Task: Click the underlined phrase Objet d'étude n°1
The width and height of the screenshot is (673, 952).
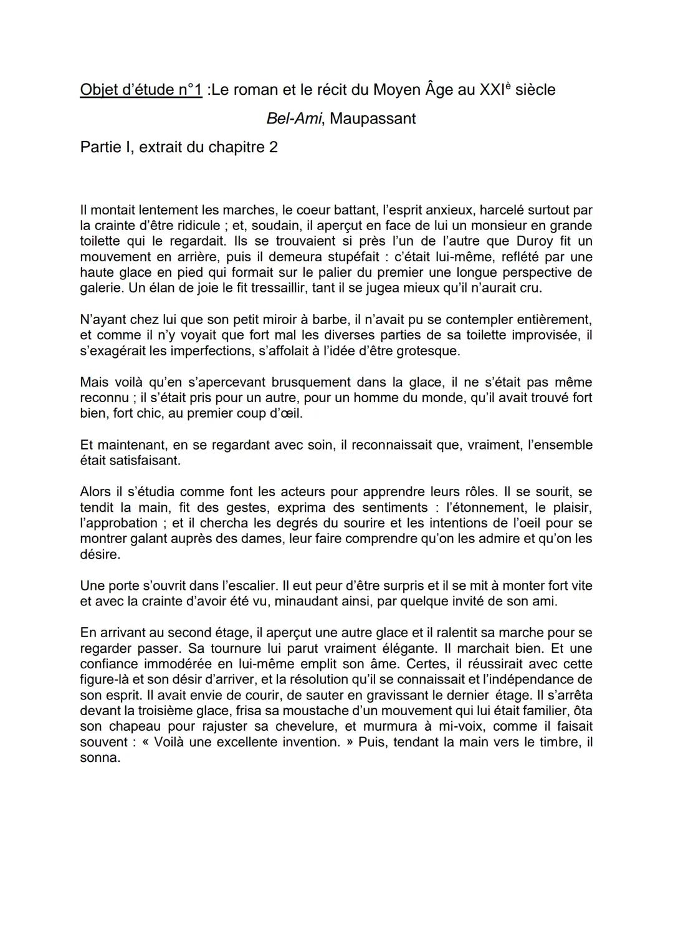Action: point(141,90)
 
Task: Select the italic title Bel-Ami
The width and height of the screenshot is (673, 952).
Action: point(294,118)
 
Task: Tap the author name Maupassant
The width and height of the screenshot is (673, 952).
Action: point(373,118)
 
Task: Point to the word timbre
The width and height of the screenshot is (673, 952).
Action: point(558,743)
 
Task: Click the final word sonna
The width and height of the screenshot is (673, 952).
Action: point(100,758)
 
